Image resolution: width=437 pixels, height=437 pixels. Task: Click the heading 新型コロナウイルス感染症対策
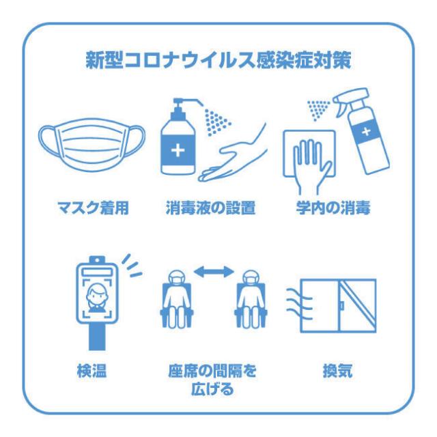click(218, 60)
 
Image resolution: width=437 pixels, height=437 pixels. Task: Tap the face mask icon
click(91, 144)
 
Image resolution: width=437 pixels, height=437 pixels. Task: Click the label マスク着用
click(93, 208)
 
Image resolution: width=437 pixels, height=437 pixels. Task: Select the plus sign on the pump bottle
click(178, 150)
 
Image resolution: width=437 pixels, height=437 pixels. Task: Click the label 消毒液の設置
click(211, 208)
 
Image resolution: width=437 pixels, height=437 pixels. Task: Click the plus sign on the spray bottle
click(367, 131)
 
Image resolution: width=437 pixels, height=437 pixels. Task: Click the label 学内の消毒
click(333, 208)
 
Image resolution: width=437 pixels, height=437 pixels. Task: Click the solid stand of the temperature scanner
click(97, 337)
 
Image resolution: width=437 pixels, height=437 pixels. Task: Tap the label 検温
click(91, 371)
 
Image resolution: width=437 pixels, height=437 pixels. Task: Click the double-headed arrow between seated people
click(214, 272)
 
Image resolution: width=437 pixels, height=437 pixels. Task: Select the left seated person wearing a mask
click(176, 299)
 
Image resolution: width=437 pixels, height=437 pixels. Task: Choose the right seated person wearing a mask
click(251, 299)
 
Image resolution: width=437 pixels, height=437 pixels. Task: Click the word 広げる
click(212, 389)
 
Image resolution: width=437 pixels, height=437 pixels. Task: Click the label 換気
click(337, 371)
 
